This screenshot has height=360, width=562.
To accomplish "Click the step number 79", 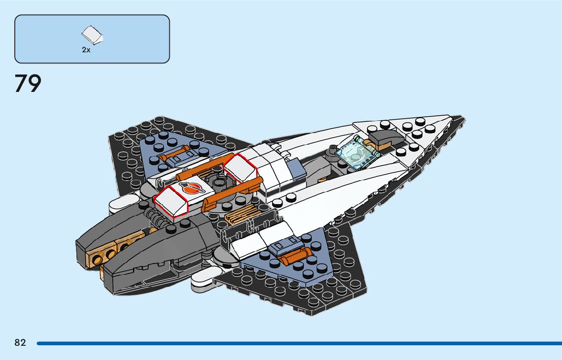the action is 27,84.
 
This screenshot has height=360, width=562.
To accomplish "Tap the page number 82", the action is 20,343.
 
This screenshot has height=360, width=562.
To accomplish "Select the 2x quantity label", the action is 86,50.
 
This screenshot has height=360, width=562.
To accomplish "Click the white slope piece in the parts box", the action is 93,35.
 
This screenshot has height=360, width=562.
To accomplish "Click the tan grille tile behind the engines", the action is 240,214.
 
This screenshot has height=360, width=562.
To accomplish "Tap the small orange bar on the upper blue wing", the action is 174,153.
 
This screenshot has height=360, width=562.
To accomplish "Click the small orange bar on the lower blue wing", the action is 292,256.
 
